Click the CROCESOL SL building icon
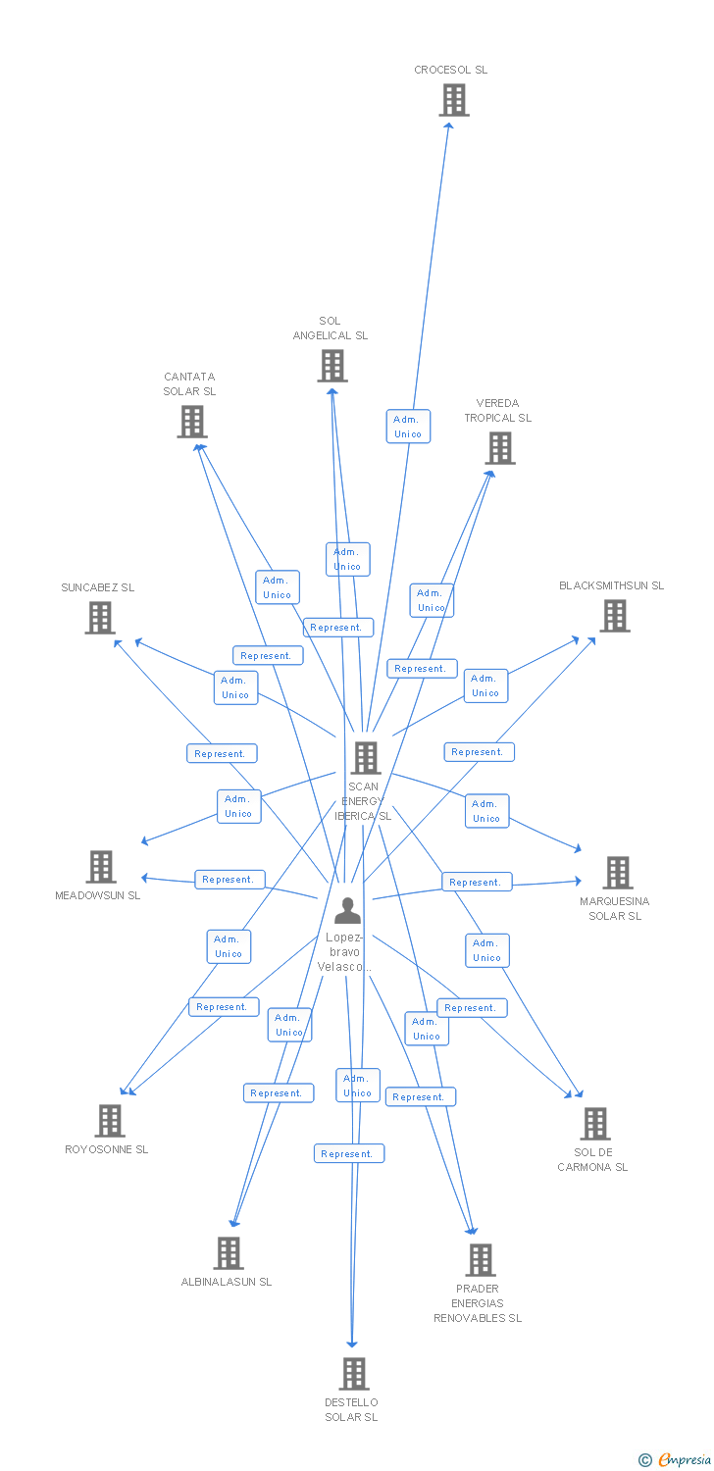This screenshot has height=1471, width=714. coord(453,100)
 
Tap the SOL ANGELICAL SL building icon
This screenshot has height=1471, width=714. coord(332,366)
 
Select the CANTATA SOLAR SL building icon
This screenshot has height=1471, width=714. coord(191,422)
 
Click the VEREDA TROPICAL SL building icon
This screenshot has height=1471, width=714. coord(499,448)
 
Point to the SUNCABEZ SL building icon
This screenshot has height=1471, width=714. coord(100,618)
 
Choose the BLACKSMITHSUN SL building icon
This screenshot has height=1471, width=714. coord(614,616)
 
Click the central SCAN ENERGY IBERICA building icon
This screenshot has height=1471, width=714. coord(365,757)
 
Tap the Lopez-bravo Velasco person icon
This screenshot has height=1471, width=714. coord(347,911)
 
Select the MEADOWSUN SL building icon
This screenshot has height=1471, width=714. coord(100,867)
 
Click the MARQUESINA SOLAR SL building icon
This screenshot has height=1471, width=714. coord(617,873)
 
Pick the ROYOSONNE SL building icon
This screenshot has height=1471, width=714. coord(109,1121)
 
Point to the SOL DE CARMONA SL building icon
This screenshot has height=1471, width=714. coord(594,1124)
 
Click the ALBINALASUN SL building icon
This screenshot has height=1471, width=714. coord(229,1253)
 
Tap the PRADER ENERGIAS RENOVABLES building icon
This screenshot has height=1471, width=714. coord(480,1260)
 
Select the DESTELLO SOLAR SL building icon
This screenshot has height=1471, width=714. coord(354,1374)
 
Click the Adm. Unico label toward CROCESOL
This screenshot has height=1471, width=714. coord(408,427)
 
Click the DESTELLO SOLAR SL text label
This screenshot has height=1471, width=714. coord(351,1409)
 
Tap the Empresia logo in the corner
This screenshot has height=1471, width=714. coord(676,1460)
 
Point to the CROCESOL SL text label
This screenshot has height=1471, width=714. coord(450,70)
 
